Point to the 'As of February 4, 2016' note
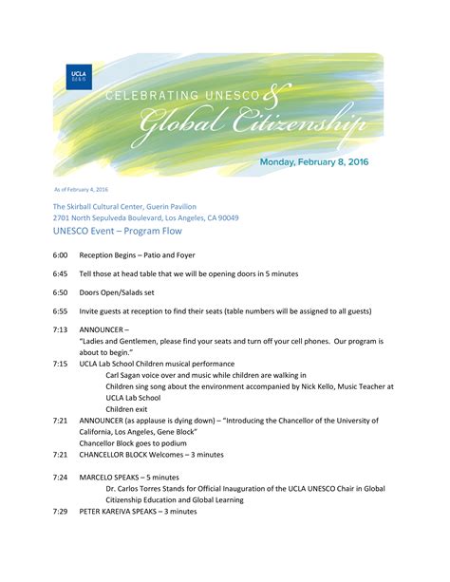[81, 190]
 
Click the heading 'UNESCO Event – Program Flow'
[117, 231]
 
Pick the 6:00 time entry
[60, 257]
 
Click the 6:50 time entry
[60, 292]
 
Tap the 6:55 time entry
[60, 310]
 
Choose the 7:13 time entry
[60, 329]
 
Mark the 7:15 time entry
[60, 364]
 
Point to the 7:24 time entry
[60, 477]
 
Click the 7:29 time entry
[60, 512]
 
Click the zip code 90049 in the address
[226, 217]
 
